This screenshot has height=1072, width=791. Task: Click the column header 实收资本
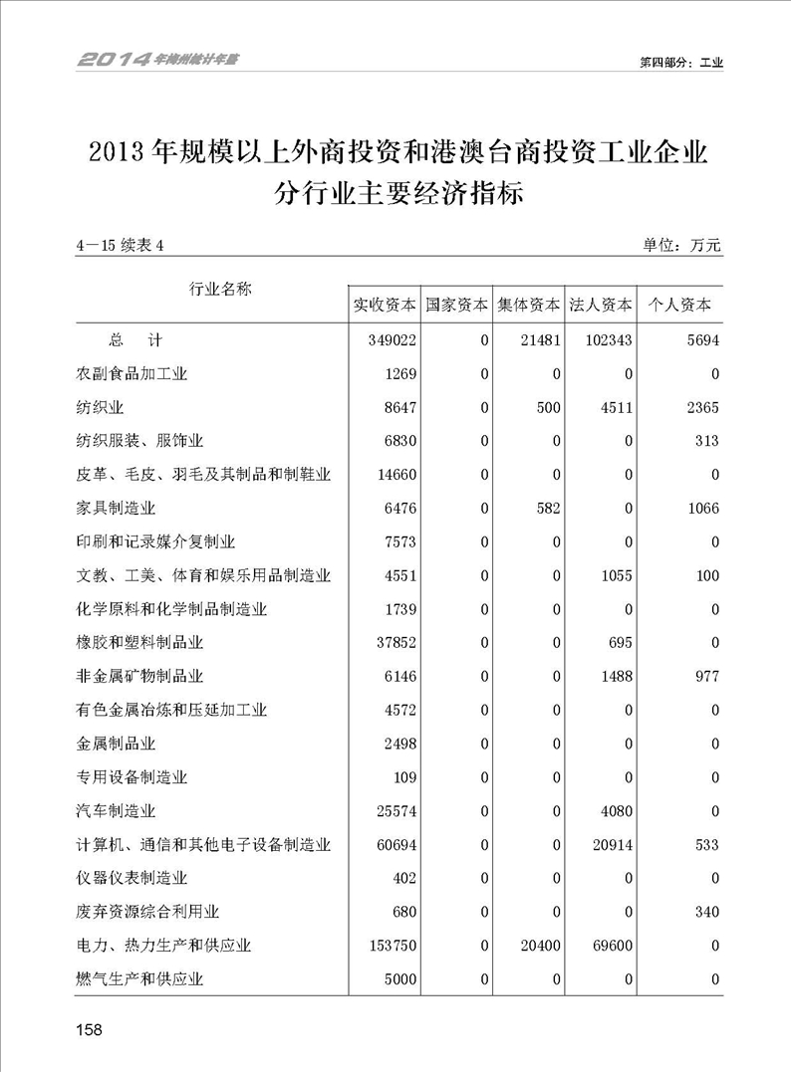(385, 305)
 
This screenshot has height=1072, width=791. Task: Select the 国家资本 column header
(456, 305)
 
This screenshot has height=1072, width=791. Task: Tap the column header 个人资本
(680, 305)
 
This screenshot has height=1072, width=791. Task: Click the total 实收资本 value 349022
(398, 340)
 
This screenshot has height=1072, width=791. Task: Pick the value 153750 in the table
(398, 947)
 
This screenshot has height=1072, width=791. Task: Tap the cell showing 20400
(538, 947)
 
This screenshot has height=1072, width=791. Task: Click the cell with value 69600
(610, 947)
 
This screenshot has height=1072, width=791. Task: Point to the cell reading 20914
(610, 845)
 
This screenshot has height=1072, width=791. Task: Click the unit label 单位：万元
(681, 245)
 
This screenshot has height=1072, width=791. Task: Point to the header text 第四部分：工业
(680, 62)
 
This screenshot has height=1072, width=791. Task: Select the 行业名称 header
(220, 289)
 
